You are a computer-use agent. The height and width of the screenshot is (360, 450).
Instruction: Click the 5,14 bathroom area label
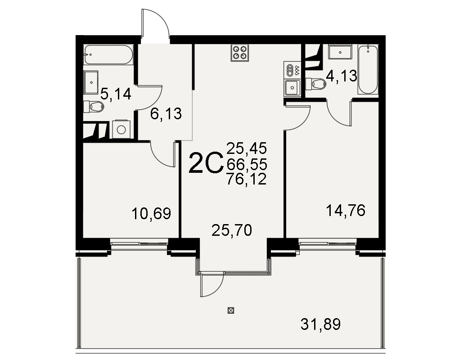(116, 94)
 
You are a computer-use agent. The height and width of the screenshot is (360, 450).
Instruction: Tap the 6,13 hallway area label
(166, 114)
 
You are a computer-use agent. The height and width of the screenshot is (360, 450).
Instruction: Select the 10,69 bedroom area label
(151, 214)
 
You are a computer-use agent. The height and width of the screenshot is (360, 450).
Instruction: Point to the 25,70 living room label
(232, 230)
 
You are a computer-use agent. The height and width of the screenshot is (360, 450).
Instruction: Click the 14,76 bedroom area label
(346, 211)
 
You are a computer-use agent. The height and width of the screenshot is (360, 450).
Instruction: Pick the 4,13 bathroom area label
(342, 76)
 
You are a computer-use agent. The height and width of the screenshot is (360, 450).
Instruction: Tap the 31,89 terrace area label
(320, 324)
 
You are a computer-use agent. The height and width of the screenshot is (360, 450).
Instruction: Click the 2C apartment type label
(206, 164)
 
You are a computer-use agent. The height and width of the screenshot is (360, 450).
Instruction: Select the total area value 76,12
(247, 179)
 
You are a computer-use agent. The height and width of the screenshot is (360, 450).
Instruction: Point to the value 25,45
(247, 148)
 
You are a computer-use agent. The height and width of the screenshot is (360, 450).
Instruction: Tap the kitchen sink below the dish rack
(292, 87)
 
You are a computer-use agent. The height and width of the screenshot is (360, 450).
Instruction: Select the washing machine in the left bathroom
(121, 129)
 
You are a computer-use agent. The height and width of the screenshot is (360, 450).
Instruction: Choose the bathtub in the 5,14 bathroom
(109, 54)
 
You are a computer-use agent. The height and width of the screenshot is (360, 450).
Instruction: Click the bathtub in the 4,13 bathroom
(368, 69)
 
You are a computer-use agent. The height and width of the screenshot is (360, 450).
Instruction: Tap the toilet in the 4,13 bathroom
(316, 84)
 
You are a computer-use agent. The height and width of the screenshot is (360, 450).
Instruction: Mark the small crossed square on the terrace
(231, 310)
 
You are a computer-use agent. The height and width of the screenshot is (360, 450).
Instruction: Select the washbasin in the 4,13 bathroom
(340, 52)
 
